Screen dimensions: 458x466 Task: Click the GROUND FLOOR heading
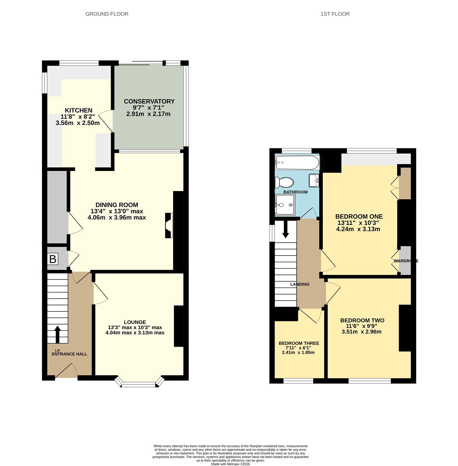point(107,14)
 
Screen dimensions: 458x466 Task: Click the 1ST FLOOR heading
point(335,14)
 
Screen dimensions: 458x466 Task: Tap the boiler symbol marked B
point(53,259)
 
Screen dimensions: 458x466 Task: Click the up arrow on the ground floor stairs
point(57,334)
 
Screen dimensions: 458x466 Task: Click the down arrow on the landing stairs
point(286,229)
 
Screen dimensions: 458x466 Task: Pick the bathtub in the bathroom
point(297,163)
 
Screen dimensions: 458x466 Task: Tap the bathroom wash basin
point(314,181)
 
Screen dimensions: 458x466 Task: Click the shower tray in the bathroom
point(285,205)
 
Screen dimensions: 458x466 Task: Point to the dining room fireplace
point(169,226)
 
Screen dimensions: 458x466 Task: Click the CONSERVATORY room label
point(149,101)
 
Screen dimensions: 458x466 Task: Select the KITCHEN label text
point(79,110)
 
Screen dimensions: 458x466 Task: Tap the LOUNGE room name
point(135,322)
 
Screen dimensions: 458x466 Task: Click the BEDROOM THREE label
point(299,343)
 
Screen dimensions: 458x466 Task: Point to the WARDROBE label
point(406,261)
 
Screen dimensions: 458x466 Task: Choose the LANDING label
point(300,284)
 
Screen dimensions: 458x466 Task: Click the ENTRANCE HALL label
point(69,354)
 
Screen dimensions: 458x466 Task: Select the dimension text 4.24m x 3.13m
point(358,229)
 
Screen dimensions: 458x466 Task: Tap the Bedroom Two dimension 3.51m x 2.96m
point(362,332)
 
